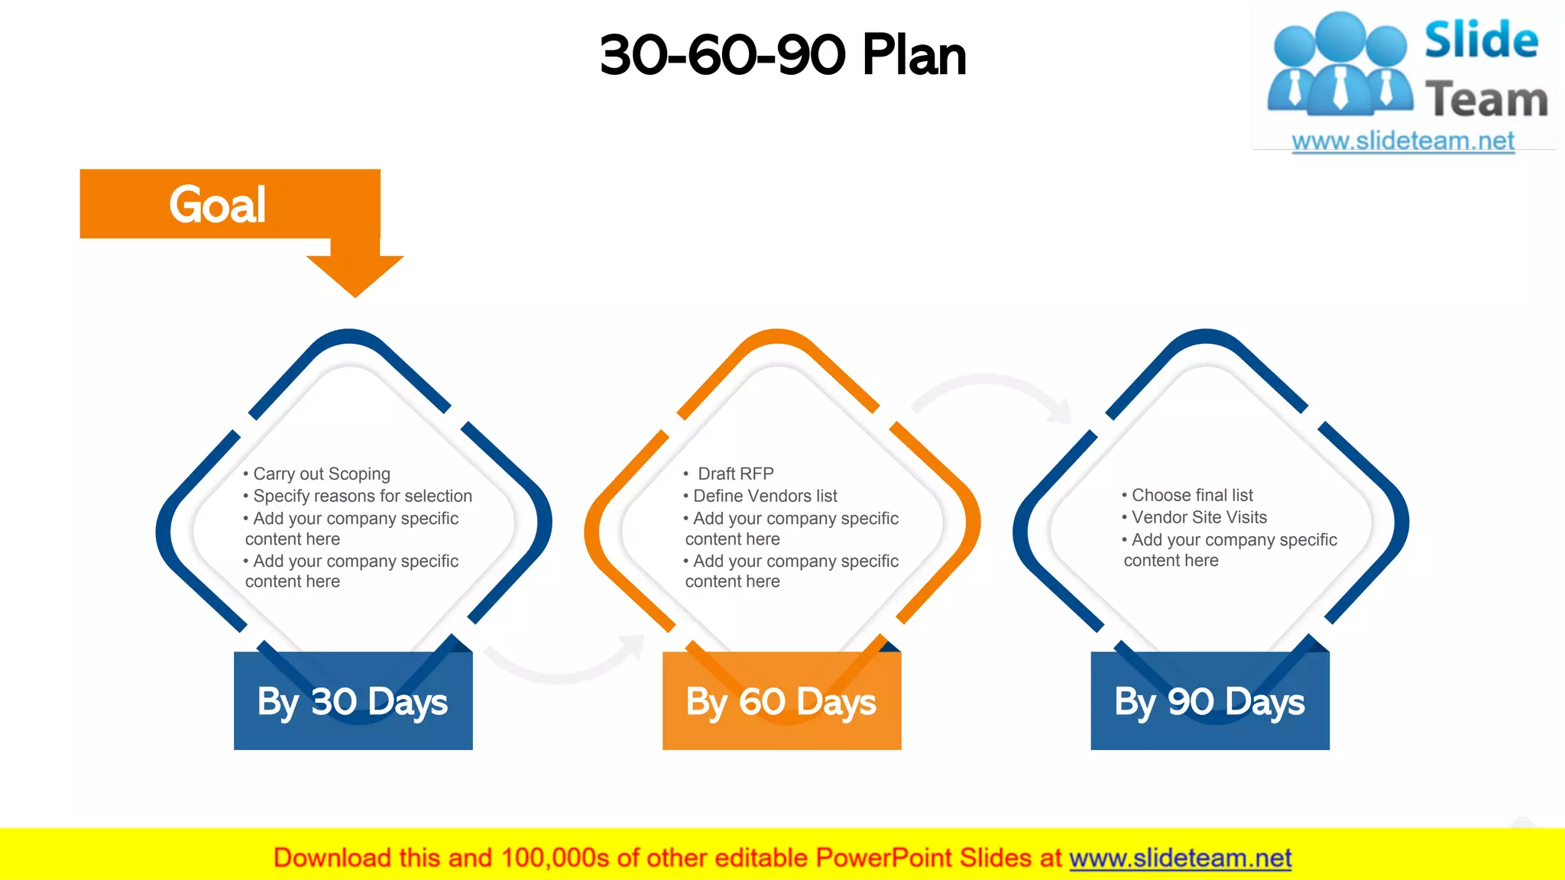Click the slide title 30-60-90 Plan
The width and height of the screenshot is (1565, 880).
point(782,55)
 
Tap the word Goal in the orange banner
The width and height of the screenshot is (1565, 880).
point(218,205)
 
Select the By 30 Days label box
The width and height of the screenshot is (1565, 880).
point(353,701)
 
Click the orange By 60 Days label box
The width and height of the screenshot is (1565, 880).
point(781,701)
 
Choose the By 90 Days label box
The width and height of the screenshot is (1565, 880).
point(1210,701)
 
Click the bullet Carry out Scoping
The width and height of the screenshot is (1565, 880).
point(321,474)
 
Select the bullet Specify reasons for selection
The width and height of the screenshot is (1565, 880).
point(362,496)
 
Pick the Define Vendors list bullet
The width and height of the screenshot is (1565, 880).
point(765,496)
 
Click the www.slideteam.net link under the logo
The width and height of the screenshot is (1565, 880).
point(1403,141)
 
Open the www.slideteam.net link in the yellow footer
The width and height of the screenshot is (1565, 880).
point(1180,858)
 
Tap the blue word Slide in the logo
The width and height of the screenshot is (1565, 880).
point(1481,40)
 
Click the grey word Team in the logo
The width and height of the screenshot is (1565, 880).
point(1486,100)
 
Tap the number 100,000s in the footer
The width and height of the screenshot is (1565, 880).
point(555,858)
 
